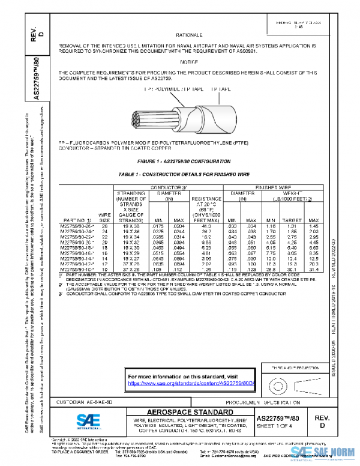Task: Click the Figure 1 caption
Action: tap(184, 162)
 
